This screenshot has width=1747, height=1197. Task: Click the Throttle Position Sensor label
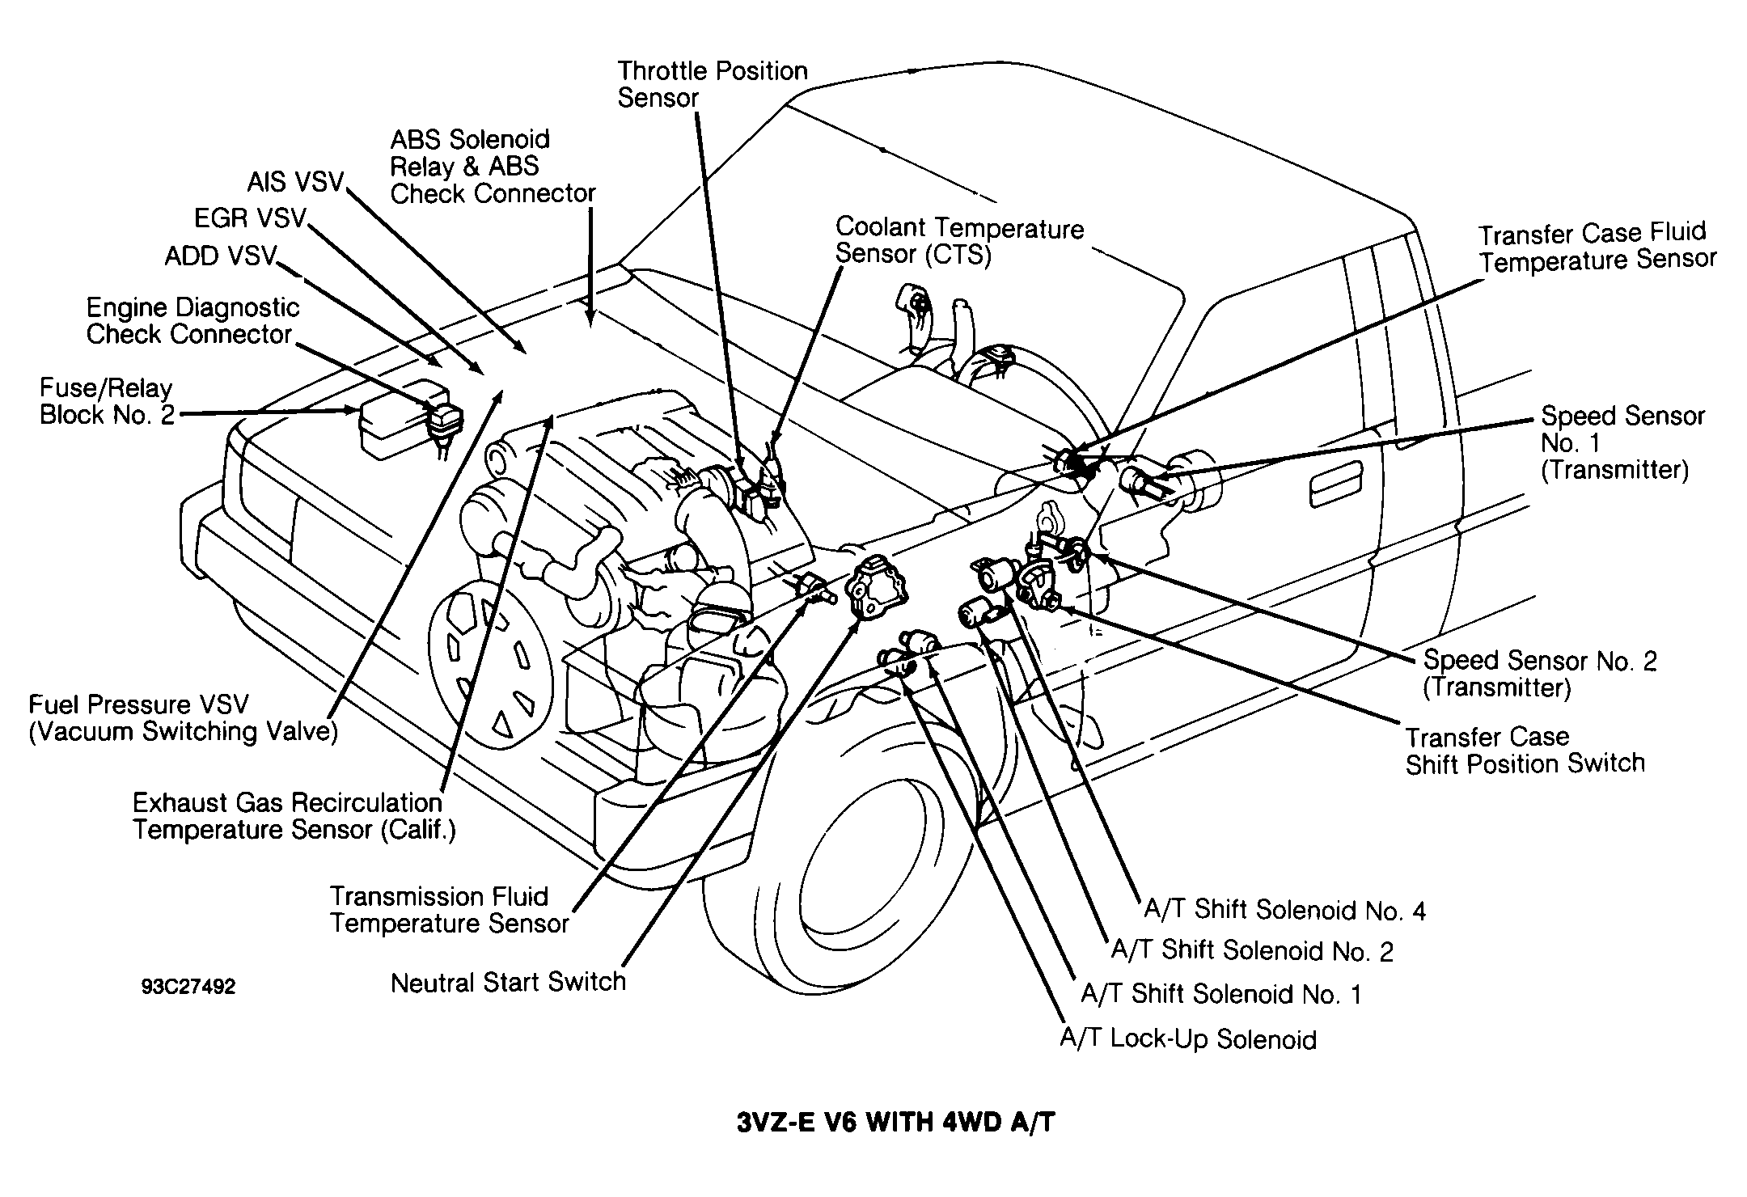(x=713, y=84)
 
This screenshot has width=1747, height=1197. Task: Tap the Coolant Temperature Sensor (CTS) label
(x=959, y=241)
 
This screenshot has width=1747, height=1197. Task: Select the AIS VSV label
(x=296, y=181)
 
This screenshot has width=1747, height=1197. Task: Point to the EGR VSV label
(x=251, y=218)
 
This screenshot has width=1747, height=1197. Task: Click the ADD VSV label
(x=221, y=256)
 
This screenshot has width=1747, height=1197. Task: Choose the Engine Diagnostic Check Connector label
(x=192, y=320)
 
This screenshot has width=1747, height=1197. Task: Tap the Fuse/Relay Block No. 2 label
(x=107, y=401)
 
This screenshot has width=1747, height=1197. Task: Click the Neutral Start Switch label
(x=508, y=982)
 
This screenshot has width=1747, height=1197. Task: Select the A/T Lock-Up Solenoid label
(x=1188, y=1039)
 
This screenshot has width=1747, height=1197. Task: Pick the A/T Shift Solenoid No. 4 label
(x=1284, y=910)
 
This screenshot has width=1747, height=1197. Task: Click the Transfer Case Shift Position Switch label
(x=1525, y=751)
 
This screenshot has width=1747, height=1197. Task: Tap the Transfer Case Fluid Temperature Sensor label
(x=1597, y=247)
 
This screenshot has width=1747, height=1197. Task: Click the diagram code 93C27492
(x=188, y=988)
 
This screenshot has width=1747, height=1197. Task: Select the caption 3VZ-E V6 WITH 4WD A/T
(x=896, y=1123)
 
